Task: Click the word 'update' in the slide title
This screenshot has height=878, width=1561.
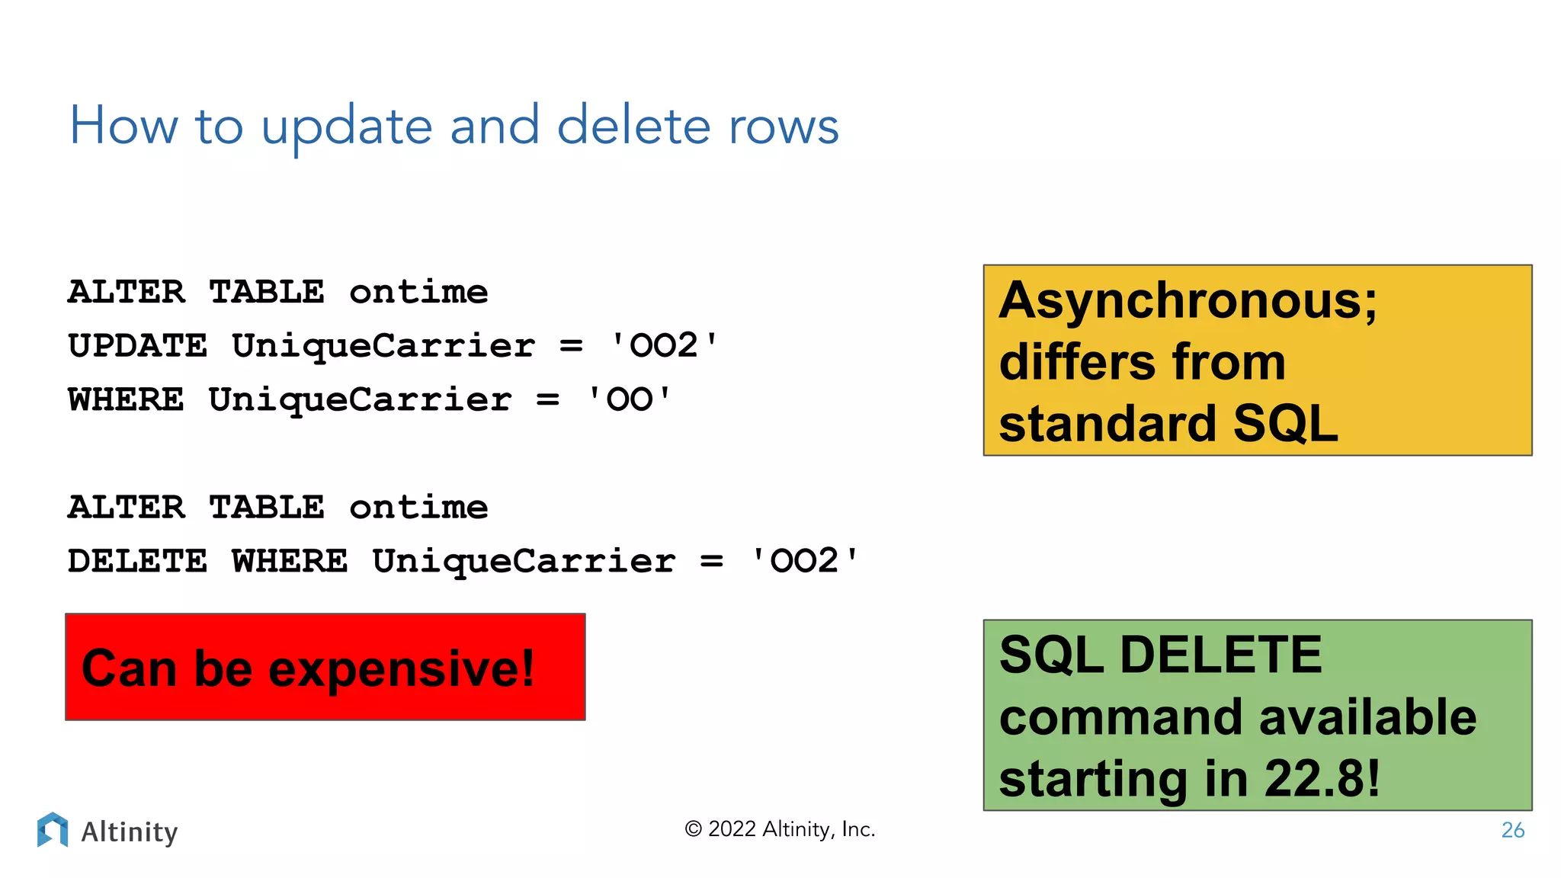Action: (347, 128)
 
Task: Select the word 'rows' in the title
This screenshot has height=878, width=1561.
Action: (783, 128)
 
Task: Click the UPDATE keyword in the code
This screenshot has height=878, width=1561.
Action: (137, 346)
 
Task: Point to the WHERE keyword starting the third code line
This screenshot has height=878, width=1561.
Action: (126, 400)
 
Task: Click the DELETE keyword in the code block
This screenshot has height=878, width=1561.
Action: (137, 562)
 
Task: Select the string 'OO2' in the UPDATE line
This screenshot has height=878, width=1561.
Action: (664, 346)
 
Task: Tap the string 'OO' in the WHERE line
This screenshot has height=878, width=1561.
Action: (629, 400)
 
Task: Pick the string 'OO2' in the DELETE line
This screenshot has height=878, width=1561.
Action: (804, 562)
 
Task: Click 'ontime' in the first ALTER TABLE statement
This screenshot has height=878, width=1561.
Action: (418, 293)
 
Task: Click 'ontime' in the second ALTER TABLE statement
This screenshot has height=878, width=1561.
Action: (418, 508)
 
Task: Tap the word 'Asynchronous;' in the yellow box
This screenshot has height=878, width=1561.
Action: (1188, 301)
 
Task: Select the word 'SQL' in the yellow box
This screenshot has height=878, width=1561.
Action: (1285, 424)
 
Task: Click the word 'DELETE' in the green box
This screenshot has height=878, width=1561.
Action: (1221, 655)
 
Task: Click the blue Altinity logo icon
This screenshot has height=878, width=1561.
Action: (53, 829)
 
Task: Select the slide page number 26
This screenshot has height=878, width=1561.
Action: (1512, 830)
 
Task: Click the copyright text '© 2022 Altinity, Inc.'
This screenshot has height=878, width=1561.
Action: (780, 829)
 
